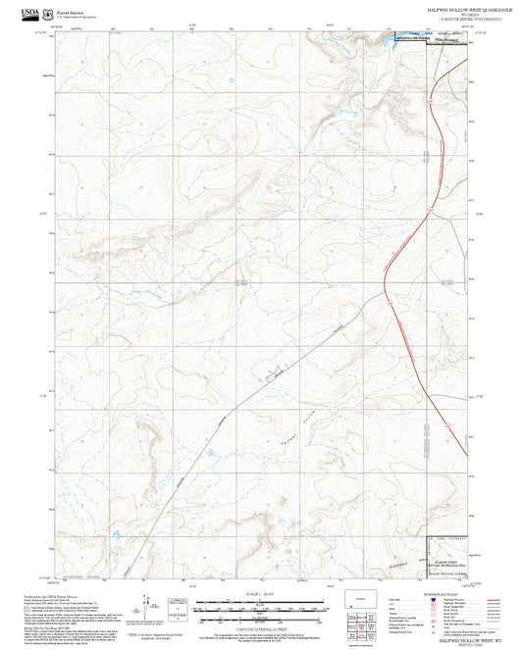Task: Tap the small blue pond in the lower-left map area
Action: pos(116,534)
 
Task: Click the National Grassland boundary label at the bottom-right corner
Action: pos(446,568)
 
